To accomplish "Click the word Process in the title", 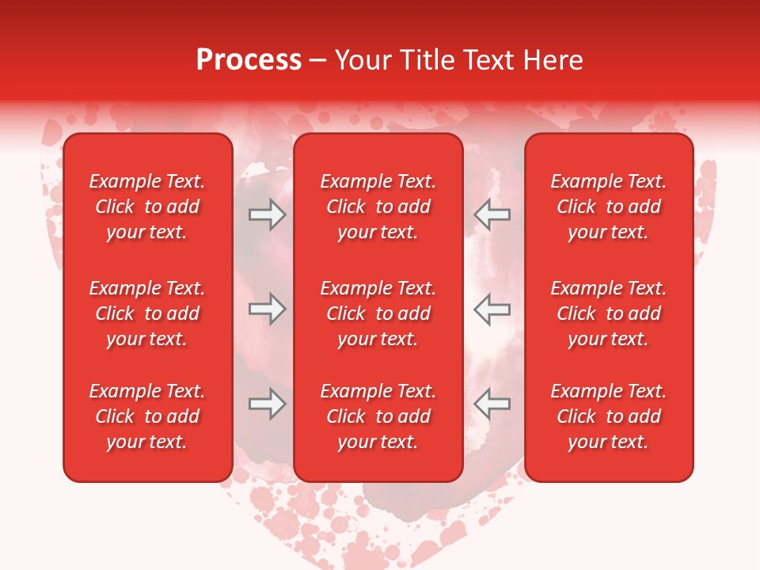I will click(249, 60).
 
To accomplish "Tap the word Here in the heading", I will click(554, 60).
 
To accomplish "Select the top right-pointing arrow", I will click(267, 215).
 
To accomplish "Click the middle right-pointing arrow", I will click(267, 309).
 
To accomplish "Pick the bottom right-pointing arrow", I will click(267, 405).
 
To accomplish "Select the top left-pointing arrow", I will click(492, 215).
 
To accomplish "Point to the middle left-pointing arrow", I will click(492, 309).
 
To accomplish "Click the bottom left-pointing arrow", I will click(492, 405).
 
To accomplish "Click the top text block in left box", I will click(147, 207).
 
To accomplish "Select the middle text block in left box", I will click(147, 313).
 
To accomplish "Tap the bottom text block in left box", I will click(147, 416).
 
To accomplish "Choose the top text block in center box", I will click(378, 207).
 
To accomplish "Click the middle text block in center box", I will click(378, 313).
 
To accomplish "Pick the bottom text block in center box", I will click(378, 416).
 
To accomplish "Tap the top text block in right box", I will click(609, 207).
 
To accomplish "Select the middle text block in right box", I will click(609, 313).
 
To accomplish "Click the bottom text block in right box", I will click(609, 416).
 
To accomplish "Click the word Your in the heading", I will click(361, 60).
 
